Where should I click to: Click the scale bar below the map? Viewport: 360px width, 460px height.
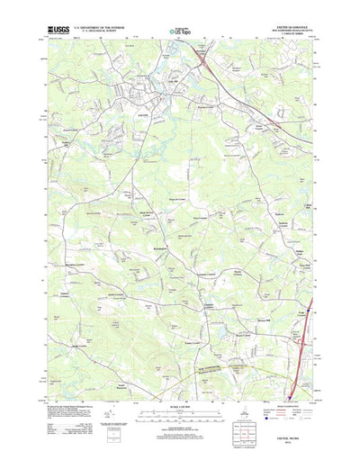[x=179, y=395]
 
